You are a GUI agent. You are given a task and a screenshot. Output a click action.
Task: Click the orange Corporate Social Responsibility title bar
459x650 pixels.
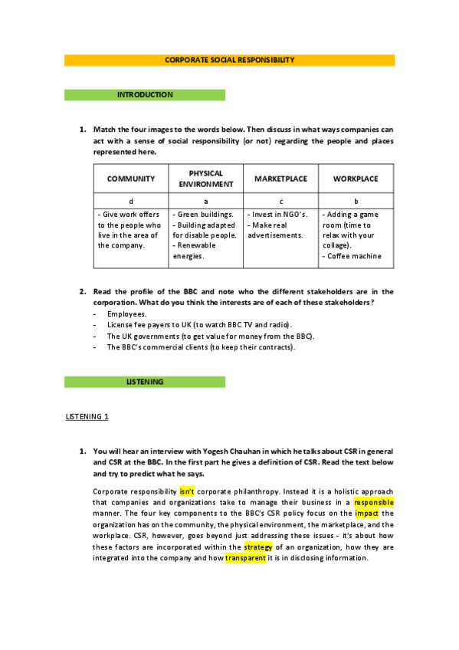(x=229, y=60)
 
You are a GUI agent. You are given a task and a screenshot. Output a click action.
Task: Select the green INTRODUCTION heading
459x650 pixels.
(x=145, y=95)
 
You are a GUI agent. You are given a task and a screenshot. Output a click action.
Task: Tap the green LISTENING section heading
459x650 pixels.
(x=145, y=381)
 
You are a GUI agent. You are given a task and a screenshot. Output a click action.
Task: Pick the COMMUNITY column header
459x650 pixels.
(x=131, y=179)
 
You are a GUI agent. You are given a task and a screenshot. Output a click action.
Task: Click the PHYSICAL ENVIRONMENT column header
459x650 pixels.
(x=205, y=179)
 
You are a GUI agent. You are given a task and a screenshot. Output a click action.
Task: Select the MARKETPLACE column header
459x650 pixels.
(x=280, y=179)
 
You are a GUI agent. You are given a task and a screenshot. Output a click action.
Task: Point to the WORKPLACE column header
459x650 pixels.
(x=356, y=179)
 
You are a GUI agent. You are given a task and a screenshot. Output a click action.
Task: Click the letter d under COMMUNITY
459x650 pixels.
(x=131, y=201)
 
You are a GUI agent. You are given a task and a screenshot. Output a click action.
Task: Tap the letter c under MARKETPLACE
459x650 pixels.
(x=280, y=201)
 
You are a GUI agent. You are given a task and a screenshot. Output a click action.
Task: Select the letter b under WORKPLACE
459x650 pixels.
(x=356, y=201)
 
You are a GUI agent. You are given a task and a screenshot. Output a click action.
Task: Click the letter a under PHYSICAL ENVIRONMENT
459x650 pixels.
(x=205, y=201)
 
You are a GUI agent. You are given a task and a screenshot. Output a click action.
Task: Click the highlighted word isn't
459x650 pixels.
(x=187, y=491)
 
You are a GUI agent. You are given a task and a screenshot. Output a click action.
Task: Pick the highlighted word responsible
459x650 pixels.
(x=374, y=502)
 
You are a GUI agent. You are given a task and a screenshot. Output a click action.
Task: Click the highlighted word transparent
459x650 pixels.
(x=245, y=559)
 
